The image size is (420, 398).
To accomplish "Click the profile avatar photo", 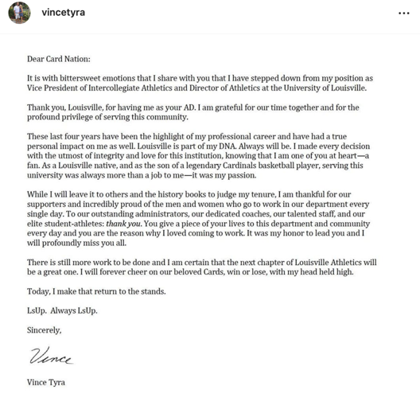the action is (x=19, y=13).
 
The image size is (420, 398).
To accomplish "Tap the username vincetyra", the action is (x=63, y=13).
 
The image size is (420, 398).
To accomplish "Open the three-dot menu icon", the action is (x=403, y=14).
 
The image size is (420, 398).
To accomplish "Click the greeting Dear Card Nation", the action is (x=59, y=59).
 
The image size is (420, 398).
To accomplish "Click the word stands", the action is (x=150, y=291).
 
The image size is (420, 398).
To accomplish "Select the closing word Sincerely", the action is (x=44, y=330).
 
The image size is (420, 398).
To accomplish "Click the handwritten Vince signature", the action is (x=50, y=357).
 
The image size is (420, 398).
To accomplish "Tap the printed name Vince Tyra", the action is (x=46, y=383).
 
